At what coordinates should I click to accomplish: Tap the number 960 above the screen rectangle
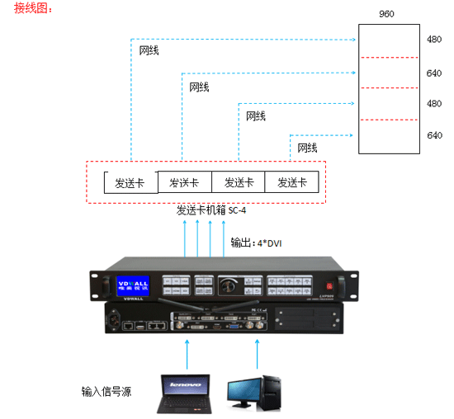point(385,15)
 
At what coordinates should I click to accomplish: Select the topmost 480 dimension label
point(434,40)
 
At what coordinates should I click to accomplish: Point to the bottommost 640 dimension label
point(434,134)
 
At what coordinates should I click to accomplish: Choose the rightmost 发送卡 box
point(292,182)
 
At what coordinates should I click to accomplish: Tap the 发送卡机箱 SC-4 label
point(211,210)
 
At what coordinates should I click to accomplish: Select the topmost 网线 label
point(149,50)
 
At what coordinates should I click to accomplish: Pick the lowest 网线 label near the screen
point(307,148)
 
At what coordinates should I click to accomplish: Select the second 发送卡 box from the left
point(184,182)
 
